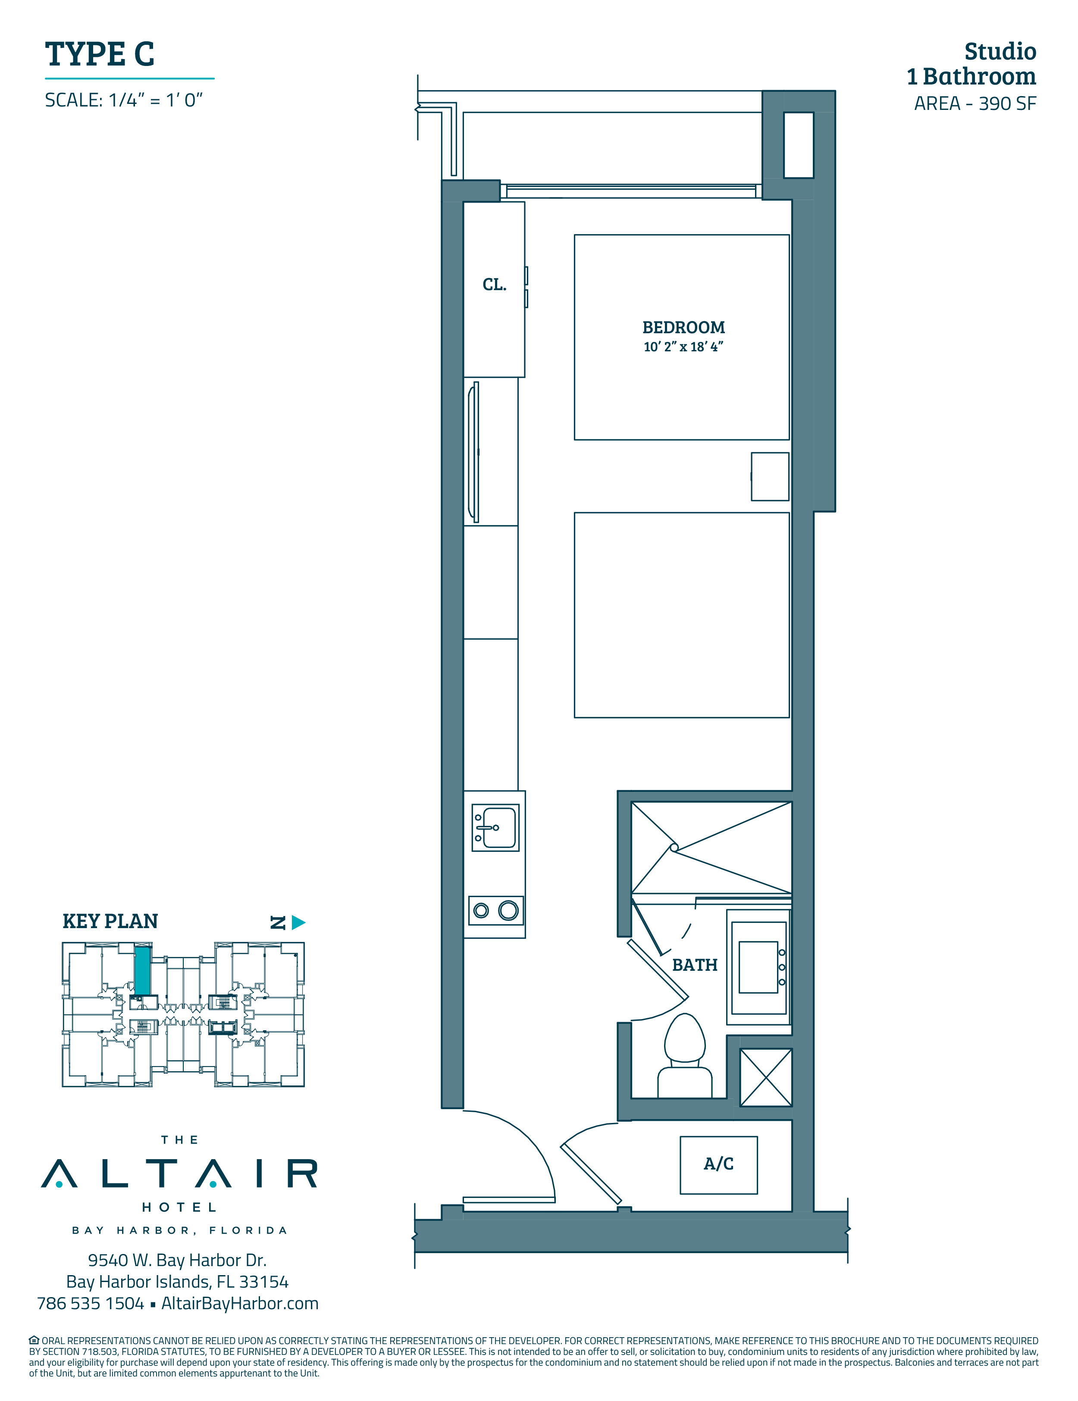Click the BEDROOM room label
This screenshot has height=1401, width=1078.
click(683, 327)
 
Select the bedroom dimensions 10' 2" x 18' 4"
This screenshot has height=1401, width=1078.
click(683, 347)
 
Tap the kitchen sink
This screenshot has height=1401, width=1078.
click(495, 828)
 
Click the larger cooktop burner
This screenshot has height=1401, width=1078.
click(508, 910)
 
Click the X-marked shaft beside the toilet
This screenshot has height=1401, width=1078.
click(766, 1078)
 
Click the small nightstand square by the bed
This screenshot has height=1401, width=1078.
click(770, 477)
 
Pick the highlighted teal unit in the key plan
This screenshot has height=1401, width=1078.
click(142, 971)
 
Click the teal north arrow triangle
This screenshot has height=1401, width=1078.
click(298, 923)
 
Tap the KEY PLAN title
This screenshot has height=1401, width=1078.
click(110, 921)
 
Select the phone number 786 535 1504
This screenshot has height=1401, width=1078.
click(91, 1304)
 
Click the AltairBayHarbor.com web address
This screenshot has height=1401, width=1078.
click(240, 1304)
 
